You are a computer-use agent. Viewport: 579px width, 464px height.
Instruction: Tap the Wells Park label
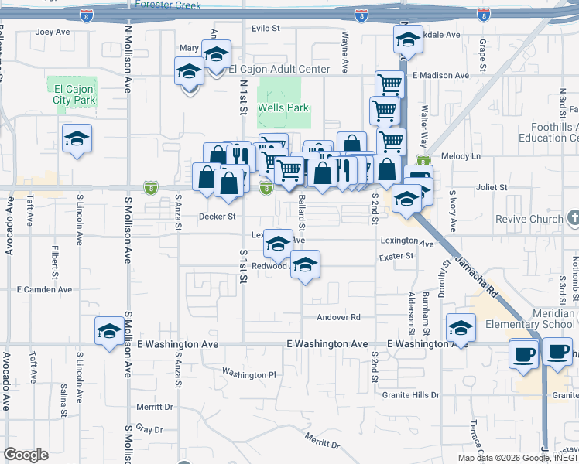pyautogui.click(x=283, y=107)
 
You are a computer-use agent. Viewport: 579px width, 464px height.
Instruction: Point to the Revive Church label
pyautogui.click(x=532, y=219)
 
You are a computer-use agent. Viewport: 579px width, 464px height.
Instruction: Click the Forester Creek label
pyautogui.click(x=168, y=5)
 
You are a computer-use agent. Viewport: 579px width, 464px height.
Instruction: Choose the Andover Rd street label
pyautogui.click(x=339, y=317)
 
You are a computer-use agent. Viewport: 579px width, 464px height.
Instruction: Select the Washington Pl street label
pyautogui.click(x=248, y=374)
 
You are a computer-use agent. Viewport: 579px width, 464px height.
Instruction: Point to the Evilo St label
pyautogui.click(x=265, y=28)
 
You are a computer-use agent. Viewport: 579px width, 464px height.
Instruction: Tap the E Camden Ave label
pyautogui.click(x=44, y=289)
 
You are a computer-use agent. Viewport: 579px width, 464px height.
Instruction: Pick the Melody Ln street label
pyautogui.click(x=461, y=156)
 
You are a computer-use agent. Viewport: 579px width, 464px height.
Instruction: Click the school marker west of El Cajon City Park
pyautogui.click(x=77, y=139)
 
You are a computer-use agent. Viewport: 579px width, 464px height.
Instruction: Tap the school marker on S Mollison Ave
pyautogui.click(x=108, y=332)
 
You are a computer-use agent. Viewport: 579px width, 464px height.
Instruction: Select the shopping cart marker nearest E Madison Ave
pyautogui.click(x=389, y=84)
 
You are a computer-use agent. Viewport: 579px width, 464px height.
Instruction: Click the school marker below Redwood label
pyautogui.click(x=306, y=265)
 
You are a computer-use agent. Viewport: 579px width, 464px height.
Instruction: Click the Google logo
pyautogui.click(x=26, y=455)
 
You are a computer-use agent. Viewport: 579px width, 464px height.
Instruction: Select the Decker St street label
pyautogui.click(x=217, y=217)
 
